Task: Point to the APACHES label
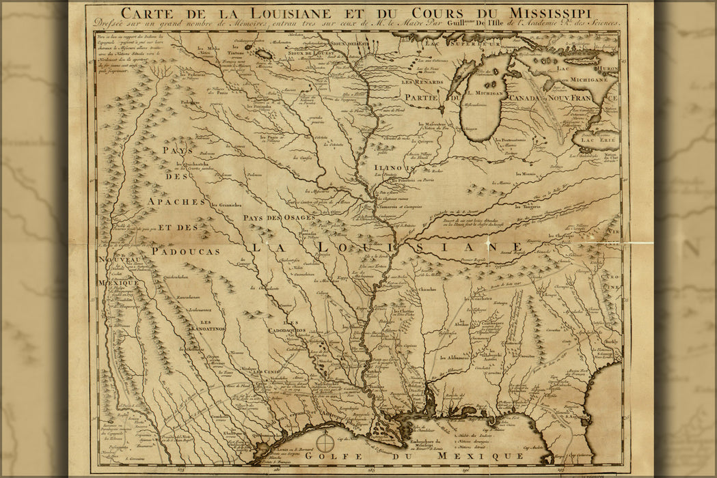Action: [x=176, y=202]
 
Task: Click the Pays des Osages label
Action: [x=279, y=218]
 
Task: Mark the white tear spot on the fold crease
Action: [x=487, y=243]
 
